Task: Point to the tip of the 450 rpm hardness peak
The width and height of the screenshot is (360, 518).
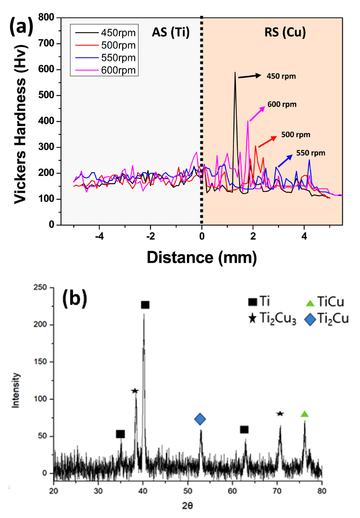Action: pos(235,72)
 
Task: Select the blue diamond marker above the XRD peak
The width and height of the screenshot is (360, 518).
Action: pos(200,420)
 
